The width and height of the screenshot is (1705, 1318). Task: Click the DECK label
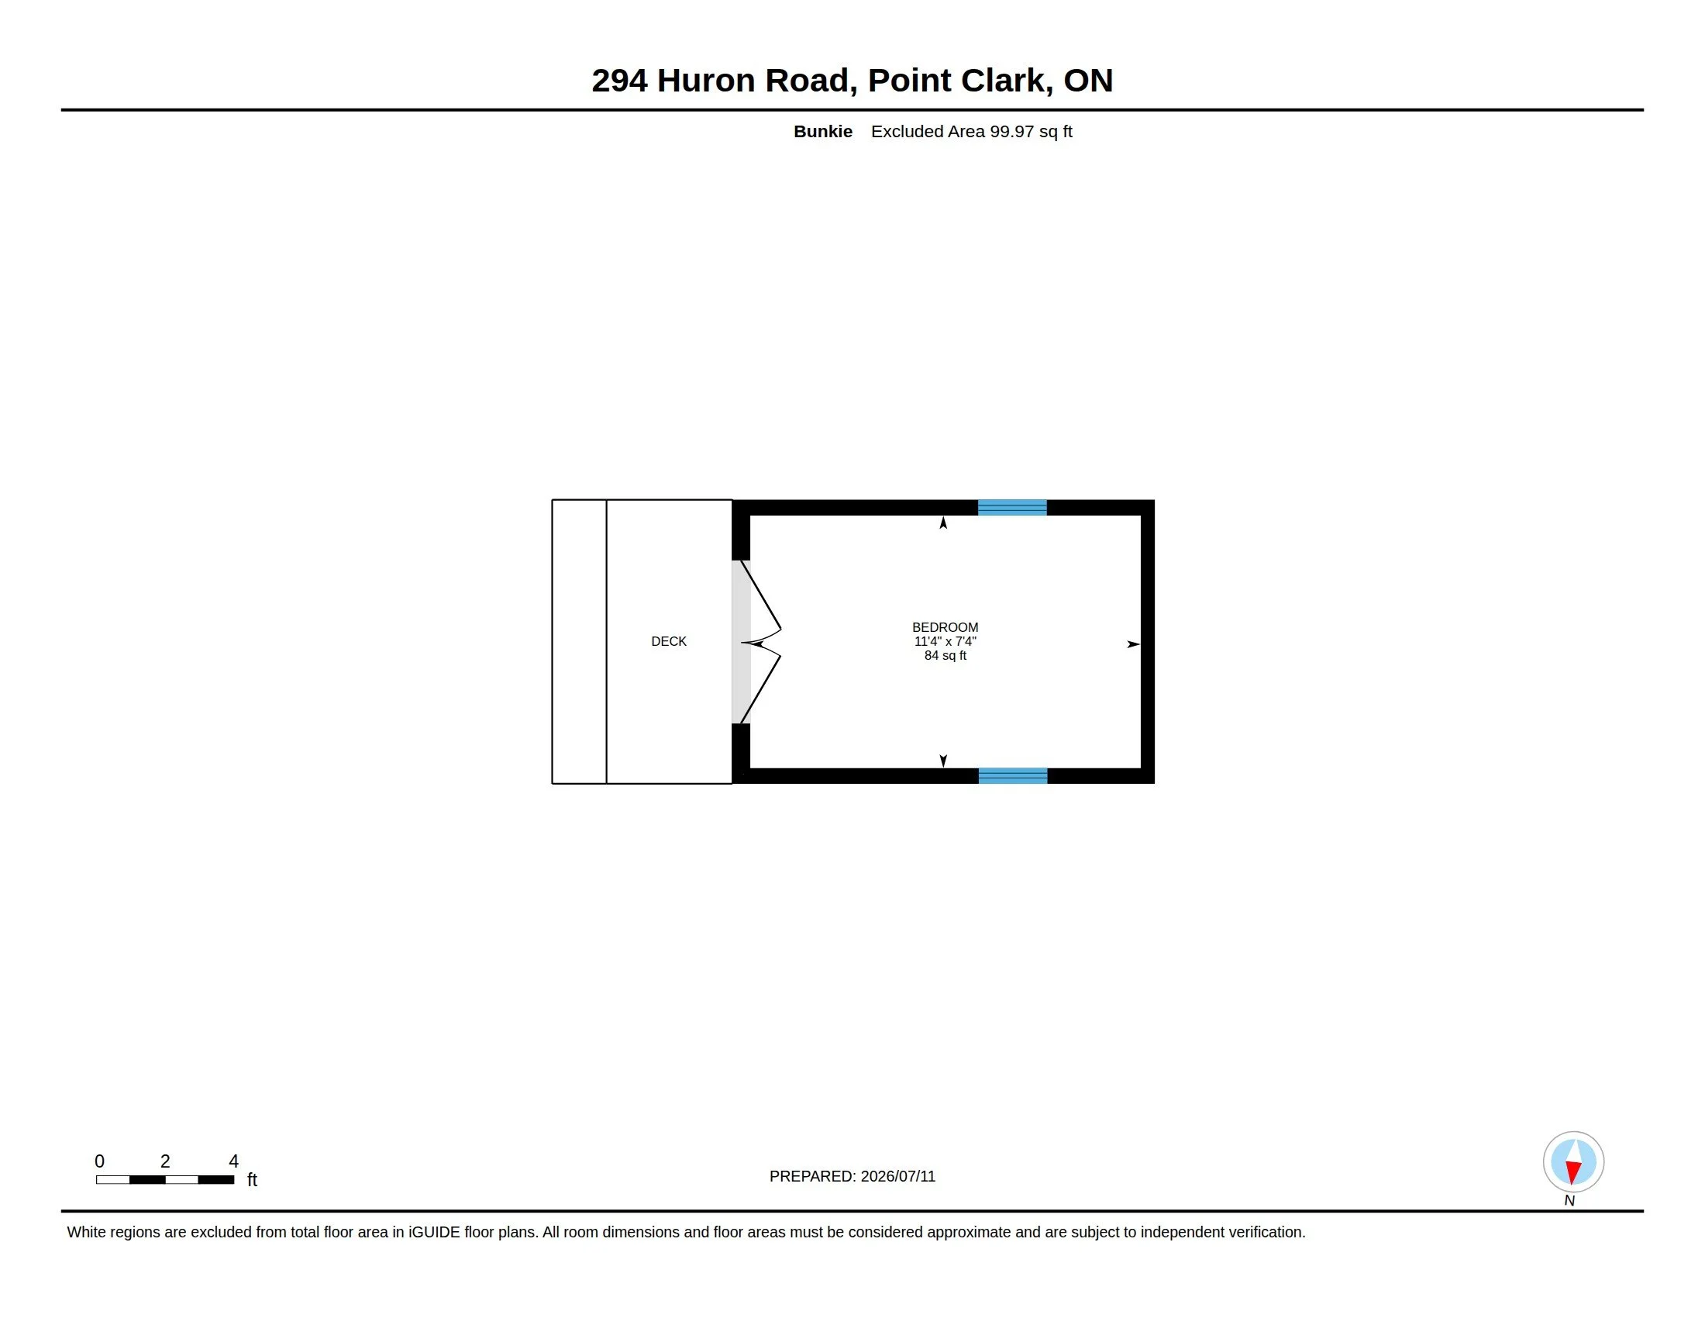point(668,641)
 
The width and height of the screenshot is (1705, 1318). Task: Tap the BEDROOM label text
point(945,627)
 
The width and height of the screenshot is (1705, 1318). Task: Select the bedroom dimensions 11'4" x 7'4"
point(945,641)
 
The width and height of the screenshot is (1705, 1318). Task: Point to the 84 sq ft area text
point(945,655)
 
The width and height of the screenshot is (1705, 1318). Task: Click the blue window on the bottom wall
point(1013,775)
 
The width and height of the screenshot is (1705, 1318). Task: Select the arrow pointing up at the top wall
point(943,523)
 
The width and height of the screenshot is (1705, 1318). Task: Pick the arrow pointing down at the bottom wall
point(943,761)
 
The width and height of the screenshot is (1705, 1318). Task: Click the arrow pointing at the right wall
point(1134,644)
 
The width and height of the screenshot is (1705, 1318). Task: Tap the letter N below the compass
point(1569,1201)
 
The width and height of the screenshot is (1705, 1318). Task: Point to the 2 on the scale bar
point(165,1161)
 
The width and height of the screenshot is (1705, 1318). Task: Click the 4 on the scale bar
point(233,1161)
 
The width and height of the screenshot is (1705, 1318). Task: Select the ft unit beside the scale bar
point(252,1179)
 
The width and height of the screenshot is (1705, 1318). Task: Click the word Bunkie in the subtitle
point(823,131)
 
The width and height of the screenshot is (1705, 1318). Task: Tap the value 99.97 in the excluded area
point(1011,131)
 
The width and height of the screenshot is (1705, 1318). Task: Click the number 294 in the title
point(619,81)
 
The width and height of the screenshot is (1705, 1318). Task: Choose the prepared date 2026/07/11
point(897,1176)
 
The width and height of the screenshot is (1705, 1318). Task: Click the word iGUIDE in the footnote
point(434,1232)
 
